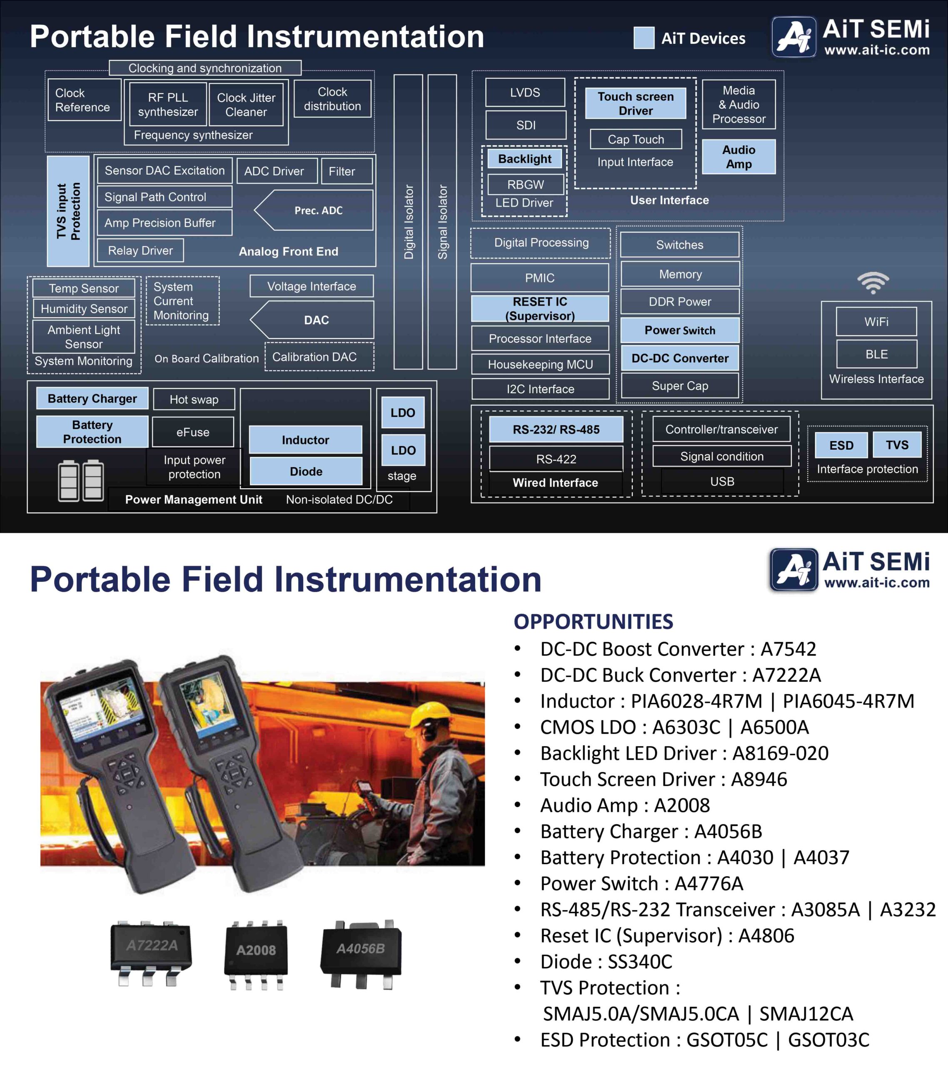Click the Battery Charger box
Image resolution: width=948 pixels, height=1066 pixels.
(92, 399)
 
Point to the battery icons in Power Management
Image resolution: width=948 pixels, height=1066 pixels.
(81, 481)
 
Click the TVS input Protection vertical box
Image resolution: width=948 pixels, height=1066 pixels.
(68, 211)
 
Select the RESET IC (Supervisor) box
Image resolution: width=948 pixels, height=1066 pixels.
(539, 308)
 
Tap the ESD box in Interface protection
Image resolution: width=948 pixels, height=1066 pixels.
(841, 445)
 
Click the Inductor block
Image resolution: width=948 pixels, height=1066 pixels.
(305, 440)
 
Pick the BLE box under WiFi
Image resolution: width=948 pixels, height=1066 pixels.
(876, 354)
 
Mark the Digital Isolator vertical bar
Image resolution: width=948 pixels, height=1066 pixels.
(408, 222)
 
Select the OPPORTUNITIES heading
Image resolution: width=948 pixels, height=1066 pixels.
(593, 622)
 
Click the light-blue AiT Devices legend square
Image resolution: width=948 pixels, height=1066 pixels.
(643, 38)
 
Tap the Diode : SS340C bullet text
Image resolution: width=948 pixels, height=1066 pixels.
(606, 961)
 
